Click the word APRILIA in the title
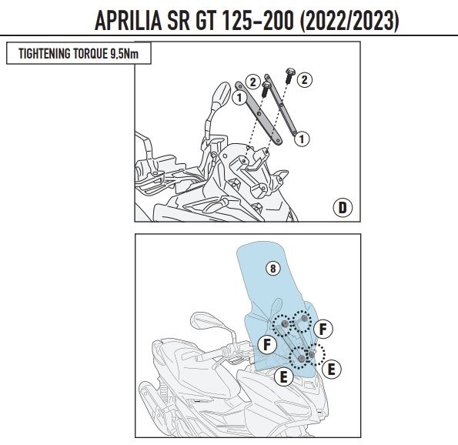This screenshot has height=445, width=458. click(129, 21)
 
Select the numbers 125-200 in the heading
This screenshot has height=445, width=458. click(258, 21)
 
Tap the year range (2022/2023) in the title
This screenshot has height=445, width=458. click(349, 21)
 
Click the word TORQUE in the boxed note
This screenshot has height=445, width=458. click(91, 53)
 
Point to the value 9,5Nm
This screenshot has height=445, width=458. click(125, 54)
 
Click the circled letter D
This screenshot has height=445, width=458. click(343, 207)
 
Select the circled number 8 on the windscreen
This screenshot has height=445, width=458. click(273, 268)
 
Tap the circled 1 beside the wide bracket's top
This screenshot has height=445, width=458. click(239, 97)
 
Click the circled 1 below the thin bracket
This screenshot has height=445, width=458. click(302, 139)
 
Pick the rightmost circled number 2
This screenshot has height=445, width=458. click(305, 80)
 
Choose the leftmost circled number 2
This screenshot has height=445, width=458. click(253, 82)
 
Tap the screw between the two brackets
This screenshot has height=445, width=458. click(266, 89)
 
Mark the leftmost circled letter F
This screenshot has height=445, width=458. click(267, 344)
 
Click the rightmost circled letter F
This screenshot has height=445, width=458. click(323, 329)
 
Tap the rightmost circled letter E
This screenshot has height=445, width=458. click(331, 370)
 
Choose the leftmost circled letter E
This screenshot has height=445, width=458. click(283, 377)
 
